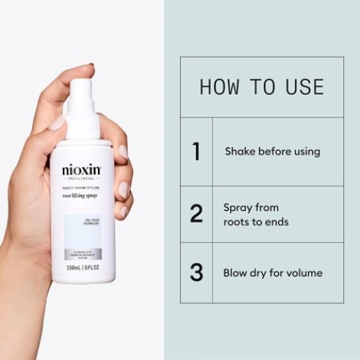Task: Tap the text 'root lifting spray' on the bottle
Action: pyautogui.click(x=82, y=194)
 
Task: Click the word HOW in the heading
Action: pyautogui.click(x=218, y=87)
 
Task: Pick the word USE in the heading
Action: pyautogui.click(x=302, y=87)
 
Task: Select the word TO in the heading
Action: pyautogui.click(x=261, y=87)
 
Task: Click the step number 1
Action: pyautogui.click(x=196, y=151)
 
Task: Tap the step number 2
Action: pyautogui.click(x=196, y=214)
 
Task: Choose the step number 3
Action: pyautogui.click(x=196, y=272)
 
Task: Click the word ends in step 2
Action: pyautogui.click(x=276, y=222)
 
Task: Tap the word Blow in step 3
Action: pyautogui.click(x=237, y=272)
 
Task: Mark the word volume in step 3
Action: pyautogui.click(x=305, y=272)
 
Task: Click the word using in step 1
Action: pyautogui.click(x=305, y=151)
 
